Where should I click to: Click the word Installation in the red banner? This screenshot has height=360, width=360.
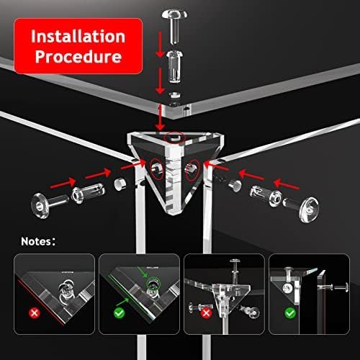tap(78, 37)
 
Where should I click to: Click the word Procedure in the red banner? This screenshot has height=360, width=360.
tap(78, 57)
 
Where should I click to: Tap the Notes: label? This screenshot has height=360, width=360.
tap(38, 241)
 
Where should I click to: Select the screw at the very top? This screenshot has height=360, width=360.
tap(175, 26)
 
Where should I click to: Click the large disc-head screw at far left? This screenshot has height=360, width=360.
tap(50, 205)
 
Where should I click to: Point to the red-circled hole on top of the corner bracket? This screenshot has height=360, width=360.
tap(175, 138)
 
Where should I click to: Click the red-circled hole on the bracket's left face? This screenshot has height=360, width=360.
tap(157, 169)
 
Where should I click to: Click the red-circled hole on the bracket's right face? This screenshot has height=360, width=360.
tap(192, 170)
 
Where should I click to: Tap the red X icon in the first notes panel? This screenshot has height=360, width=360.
tap(35, 313)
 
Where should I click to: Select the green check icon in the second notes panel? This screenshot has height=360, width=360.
tap(119, 313)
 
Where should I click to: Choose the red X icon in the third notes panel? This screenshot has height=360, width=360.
tap(206, 313)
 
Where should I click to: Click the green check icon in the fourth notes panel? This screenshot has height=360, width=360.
tap(290, 313)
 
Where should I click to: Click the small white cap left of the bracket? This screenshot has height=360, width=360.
tap(120, 184)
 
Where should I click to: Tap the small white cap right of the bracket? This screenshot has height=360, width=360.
tap(235, 185)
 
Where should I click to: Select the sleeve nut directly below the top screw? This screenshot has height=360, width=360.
tap(175, 66)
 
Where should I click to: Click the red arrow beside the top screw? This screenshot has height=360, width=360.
tap(160, 45)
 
